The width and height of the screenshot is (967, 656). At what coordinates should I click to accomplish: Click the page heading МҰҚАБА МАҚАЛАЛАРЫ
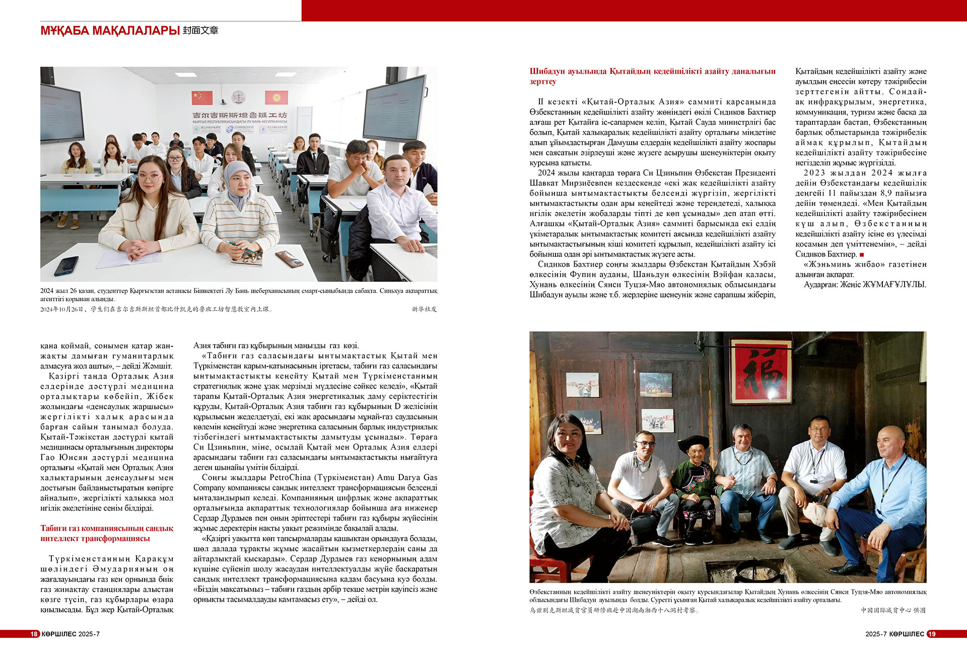(x=110, y=31)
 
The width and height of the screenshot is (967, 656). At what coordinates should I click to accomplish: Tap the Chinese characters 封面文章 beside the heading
(x=200, y=31)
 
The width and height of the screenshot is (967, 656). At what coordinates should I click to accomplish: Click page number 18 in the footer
(x=34, y=634)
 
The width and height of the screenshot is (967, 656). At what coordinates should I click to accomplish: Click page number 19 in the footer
(x=932, y=634)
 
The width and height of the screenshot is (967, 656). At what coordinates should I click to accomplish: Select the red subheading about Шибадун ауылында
(x=652, y=76)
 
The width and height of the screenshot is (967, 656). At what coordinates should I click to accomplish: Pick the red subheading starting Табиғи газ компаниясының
(x=107, y=533)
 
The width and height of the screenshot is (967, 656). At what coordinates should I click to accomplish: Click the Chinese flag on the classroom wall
(x=202, y=97)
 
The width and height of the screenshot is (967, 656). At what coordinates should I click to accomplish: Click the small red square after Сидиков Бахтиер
(x=862, y=255)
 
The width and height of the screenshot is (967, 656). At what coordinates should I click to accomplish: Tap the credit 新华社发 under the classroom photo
(x=424, y=309)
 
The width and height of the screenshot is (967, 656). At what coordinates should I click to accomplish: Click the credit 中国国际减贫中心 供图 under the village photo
(x=893, y=610)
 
